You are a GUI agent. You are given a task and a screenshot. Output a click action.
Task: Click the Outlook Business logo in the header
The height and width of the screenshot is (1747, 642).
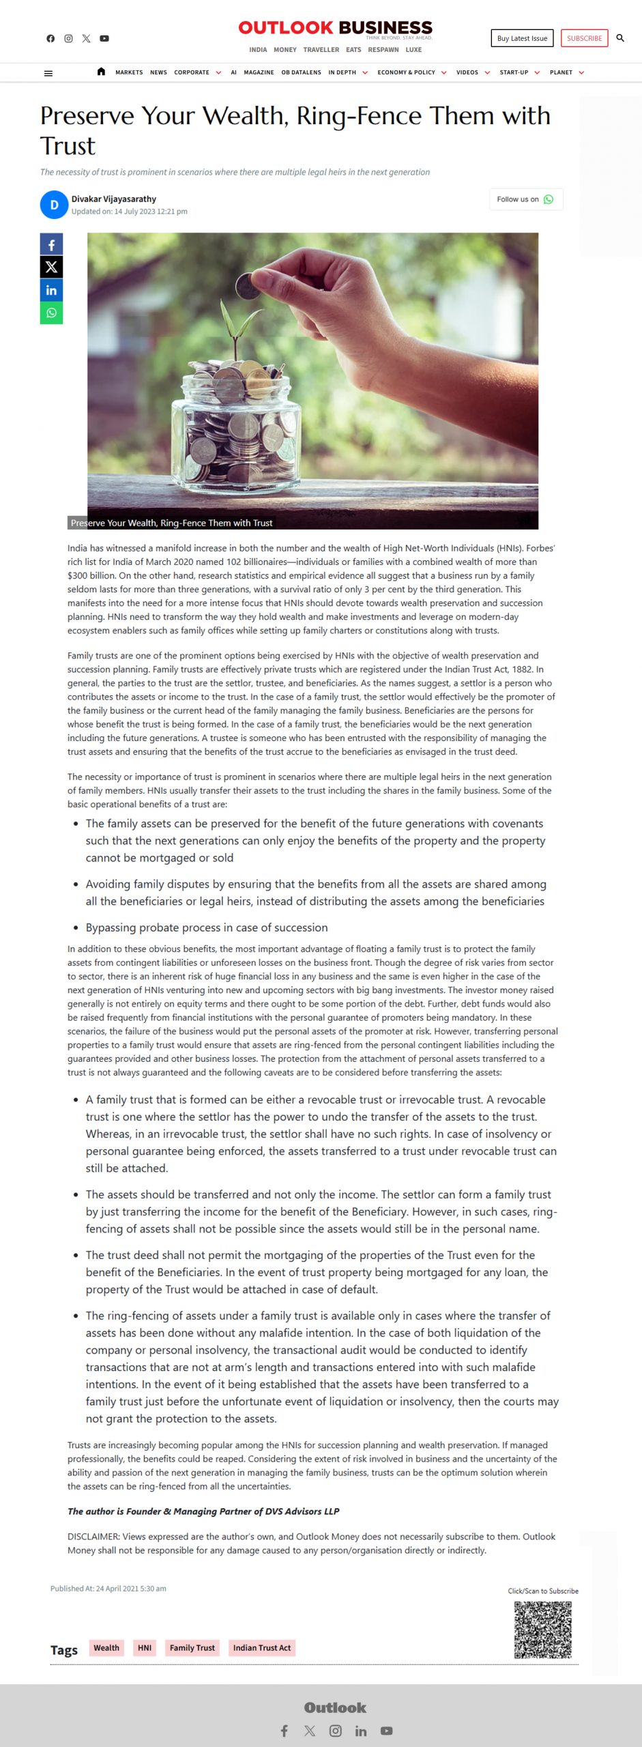point(335,28)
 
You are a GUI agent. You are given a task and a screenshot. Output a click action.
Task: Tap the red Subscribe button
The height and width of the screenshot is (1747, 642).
point(584,38)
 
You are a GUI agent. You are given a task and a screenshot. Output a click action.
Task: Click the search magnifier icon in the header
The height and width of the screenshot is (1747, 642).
point(620,38)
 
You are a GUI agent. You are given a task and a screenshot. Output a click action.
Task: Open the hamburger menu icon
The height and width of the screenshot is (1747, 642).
point(48,73)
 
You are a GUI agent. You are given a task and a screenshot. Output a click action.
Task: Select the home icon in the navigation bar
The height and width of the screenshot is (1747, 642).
point(101,72)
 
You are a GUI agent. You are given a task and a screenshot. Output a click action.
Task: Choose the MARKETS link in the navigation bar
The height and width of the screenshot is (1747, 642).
point(129,72)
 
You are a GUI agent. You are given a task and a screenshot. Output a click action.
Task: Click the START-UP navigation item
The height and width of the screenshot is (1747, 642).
point(514,72)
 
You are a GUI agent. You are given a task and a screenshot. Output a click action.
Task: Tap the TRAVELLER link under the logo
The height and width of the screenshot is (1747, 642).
point(321,50)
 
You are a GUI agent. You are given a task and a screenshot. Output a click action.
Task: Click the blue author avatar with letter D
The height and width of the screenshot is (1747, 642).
point(54,205)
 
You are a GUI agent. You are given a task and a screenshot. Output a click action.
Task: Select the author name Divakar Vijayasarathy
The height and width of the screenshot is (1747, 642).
point(114,199)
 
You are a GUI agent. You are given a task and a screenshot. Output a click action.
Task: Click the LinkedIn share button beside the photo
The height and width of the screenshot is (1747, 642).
point(51,290)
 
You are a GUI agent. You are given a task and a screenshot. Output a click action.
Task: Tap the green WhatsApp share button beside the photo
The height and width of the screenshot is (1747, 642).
point(51,313)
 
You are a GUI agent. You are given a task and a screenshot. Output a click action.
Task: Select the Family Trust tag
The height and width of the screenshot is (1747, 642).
point(192,1647)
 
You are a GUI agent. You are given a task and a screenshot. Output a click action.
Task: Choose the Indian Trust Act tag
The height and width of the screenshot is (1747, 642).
point(262,1647)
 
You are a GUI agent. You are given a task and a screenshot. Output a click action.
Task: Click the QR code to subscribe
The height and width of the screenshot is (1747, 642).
point(542,1629)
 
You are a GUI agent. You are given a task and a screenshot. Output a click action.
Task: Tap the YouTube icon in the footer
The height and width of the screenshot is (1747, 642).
point(387,1731)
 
